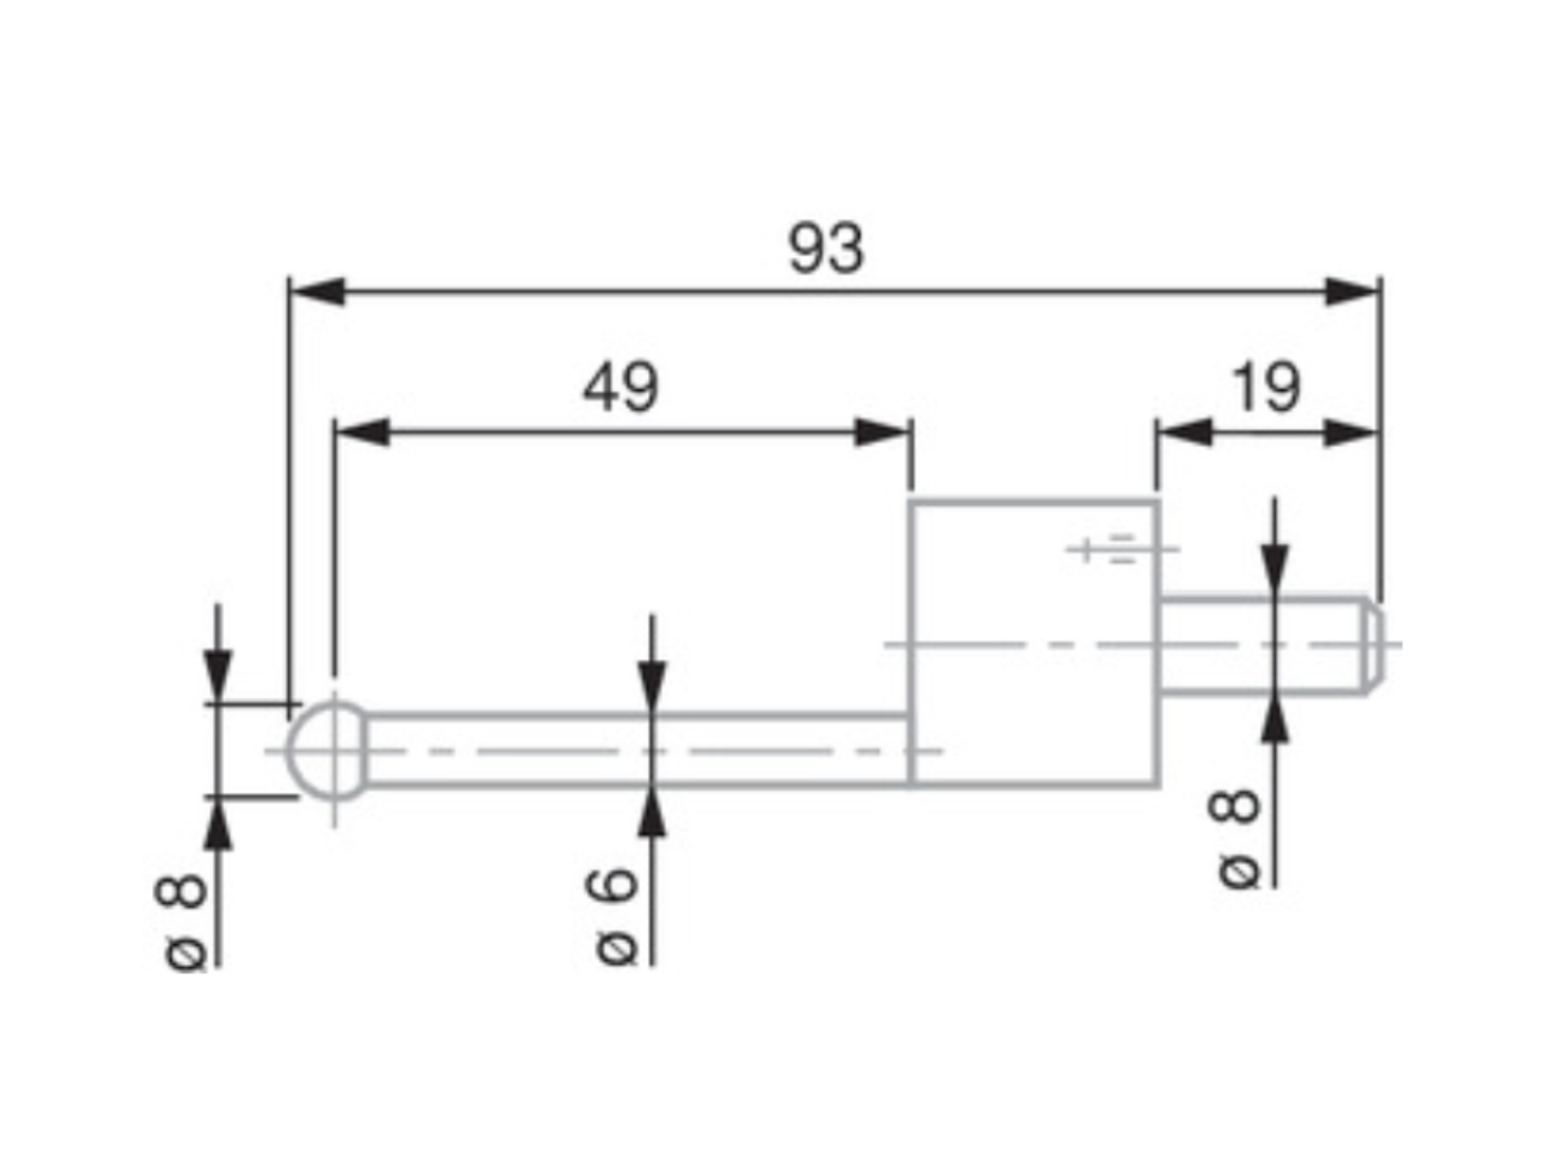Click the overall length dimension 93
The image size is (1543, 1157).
826,249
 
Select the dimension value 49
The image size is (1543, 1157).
620,387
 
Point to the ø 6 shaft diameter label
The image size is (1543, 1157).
611,917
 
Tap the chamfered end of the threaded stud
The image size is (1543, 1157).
1373,645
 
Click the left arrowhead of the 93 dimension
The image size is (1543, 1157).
318,292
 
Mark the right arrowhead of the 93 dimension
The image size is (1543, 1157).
1352,292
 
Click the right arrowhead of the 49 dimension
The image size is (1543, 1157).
883,432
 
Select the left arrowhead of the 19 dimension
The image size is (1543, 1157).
1184,432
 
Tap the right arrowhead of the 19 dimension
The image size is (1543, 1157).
1352,432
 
